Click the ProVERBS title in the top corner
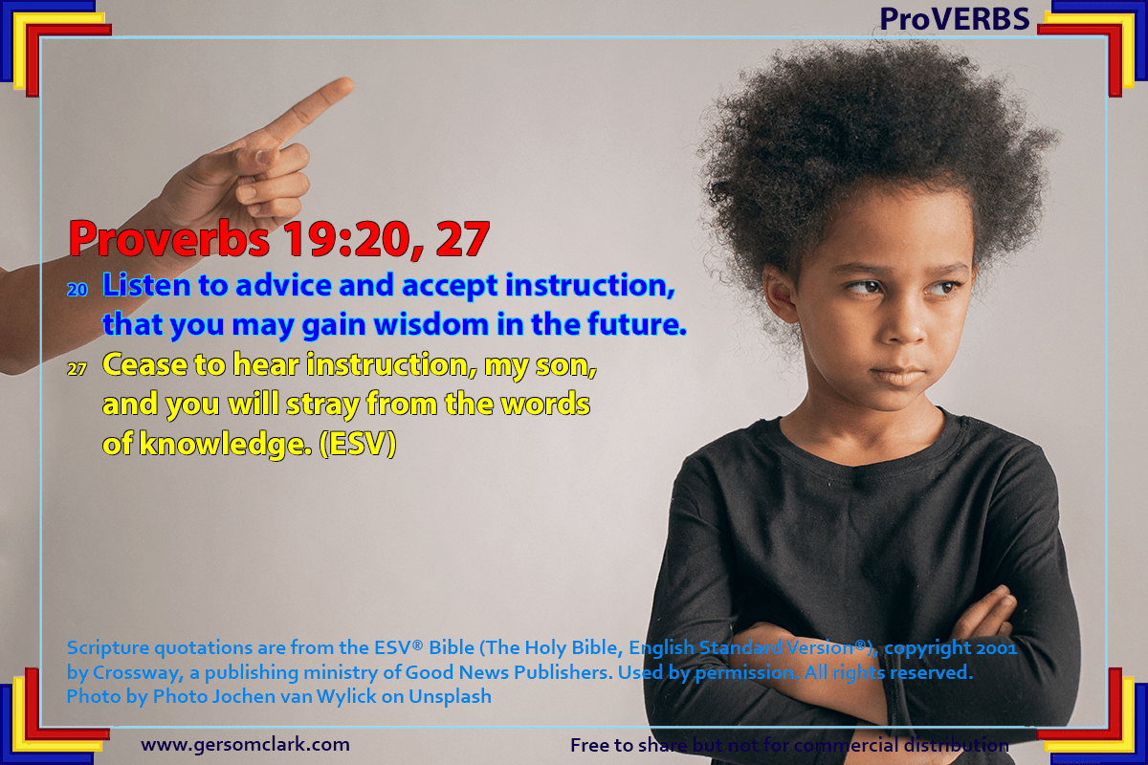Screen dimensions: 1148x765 pos(955,19)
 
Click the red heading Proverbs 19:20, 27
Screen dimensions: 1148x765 pos(279,239)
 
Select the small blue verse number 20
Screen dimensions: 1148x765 pos(77,290)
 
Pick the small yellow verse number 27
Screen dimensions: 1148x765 pos(77,369)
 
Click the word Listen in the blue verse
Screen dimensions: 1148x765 pos(146,285)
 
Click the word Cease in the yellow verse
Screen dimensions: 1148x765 pos(145,365)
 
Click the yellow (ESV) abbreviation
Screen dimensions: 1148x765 pos(358,444)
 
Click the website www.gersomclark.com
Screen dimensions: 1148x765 pos(246,745)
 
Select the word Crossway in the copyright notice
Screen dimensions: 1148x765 pos(138,672)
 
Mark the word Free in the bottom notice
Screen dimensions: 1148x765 pos(590,745)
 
